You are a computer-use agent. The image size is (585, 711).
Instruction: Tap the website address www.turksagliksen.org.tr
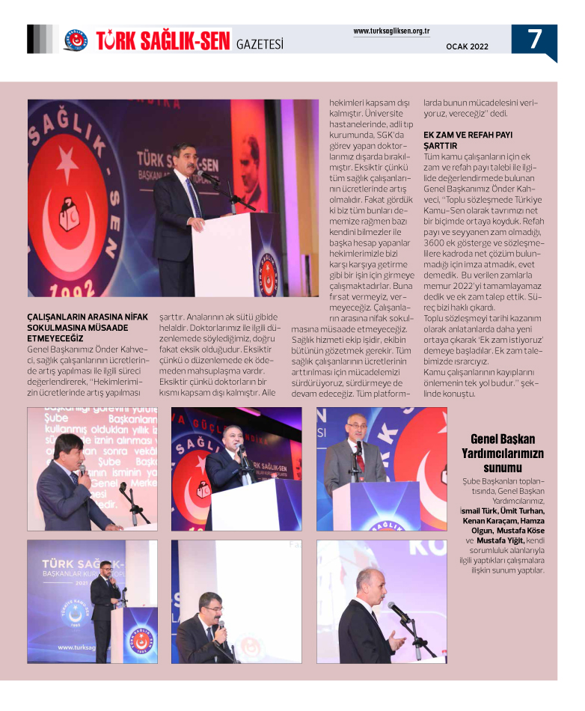point(390,31)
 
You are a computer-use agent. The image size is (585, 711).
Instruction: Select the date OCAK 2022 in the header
point(467,46)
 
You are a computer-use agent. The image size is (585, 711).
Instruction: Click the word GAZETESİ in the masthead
point(260,44)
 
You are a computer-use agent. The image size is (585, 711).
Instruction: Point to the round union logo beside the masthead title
point(76,40)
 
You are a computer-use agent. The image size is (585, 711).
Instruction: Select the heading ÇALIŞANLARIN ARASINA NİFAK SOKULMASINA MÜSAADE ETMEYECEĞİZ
point(88,327)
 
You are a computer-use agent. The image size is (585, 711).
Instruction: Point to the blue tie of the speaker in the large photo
point(193,198)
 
